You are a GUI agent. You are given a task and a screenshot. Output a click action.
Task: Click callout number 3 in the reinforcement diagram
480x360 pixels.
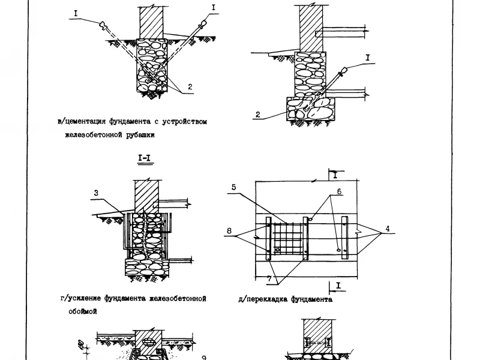[96, 193]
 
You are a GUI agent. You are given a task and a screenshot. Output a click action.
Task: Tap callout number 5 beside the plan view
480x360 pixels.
[234, 187]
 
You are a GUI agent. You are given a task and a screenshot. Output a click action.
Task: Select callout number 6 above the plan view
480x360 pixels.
[339, 191]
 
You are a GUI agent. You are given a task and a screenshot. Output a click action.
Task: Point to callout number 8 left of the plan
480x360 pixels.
[229, 230]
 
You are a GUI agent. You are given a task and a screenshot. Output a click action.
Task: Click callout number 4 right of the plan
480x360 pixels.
[388, 229]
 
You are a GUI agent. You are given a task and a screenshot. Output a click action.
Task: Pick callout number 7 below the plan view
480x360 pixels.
[269, 278]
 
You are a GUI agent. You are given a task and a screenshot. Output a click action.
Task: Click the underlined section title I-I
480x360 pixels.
[145, 158]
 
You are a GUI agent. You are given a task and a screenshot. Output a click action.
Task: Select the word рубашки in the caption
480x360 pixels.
[140, 135]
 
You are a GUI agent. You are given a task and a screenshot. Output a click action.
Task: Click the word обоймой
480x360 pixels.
[83, 311]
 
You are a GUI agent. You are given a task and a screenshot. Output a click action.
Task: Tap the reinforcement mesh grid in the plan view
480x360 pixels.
[288, 239]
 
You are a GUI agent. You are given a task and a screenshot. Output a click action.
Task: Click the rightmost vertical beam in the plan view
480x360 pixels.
[344, 238]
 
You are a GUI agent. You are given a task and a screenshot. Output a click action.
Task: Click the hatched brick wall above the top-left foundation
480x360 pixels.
[152, 23]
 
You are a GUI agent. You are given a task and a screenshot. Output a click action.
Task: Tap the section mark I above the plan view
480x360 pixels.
[335, 175]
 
